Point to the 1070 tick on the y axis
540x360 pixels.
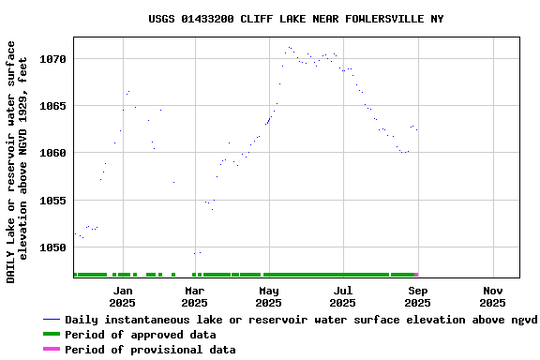pos(52,59)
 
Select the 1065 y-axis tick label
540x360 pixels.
pos(52,106)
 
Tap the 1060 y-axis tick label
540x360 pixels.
pos(52,153)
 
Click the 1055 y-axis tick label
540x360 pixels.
pos(52,201)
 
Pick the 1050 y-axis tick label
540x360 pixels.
pos(52,247)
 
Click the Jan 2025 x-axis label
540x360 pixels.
pos(122,296)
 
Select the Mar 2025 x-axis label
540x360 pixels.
pos(194,296)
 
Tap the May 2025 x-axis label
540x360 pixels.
pos(268,296)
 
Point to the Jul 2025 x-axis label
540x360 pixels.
pos(343,296)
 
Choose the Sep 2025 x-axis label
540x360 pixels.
pos(418,296)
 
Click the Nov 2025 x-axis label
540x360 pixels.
pos(492,296)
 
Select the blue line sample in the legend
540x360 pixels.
pos(52,320)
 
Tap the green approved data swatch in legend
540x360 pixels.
pos(52,335)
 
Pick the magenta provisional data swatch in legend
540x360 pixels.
pos(52,350)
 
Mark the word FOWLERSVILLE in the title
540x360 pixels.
pos(366,19)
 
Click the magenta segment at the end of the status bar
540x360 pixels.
pos(415,275)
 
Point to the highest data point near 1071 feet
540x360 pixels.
pos(289,47)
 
